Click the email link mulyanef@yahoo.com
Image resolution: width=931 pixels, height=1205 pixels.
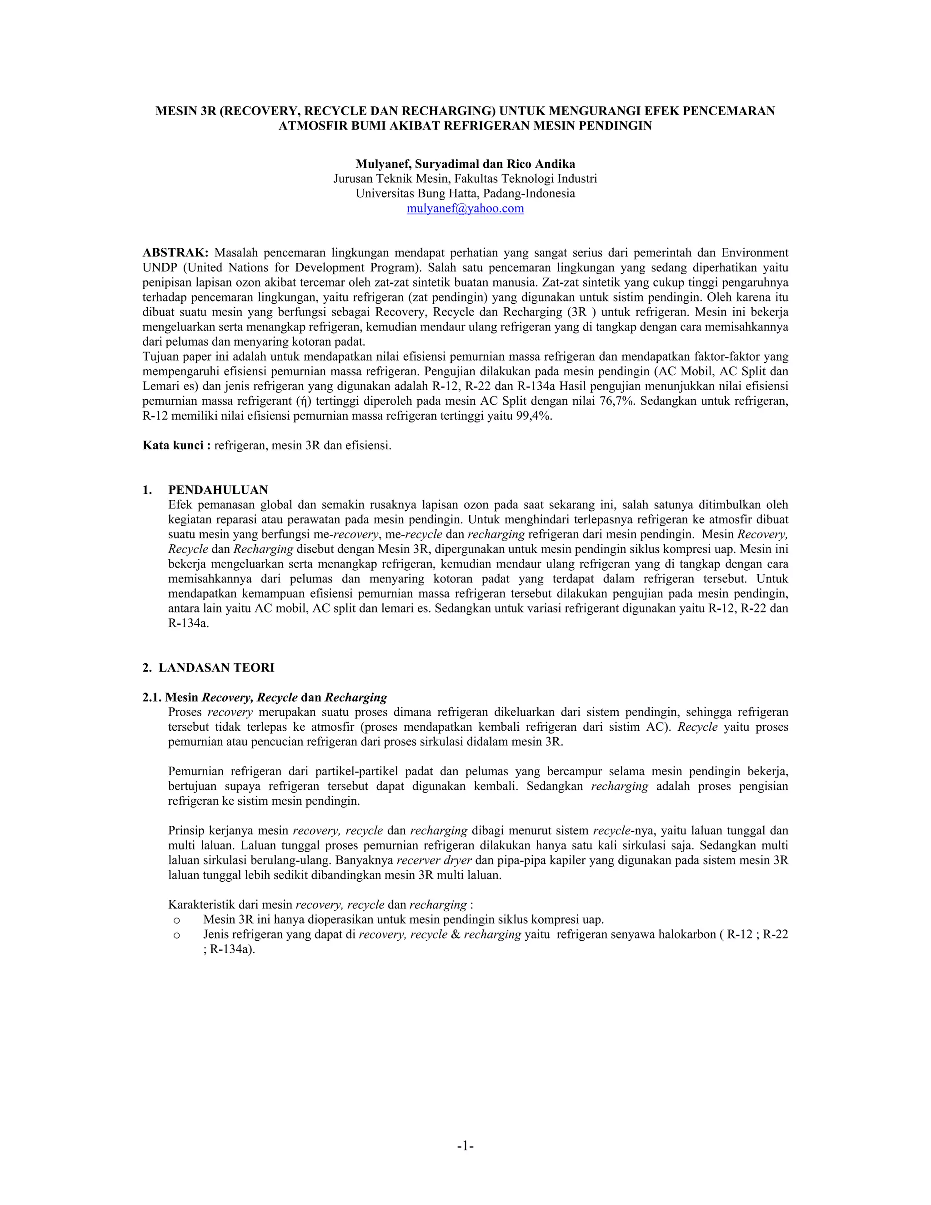tap(465, 209)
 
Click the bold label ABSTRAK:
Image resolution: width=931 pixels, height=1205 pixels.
tap(175, 253)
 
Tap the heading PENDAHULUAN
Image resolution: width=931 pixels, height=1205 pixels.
tap(218, 490)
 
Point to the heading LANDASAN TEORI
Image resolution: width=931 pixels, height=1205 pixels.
tap(216, 668)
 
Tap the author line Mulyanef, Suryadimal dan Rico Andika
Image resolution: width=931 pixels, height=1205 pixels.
tap(465, 164)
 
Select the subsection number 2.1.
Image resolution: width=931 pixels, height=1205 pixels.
tap(152, 698)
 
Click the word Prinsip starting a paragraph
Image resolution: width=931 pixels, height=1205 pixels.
tap(186, 830)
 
